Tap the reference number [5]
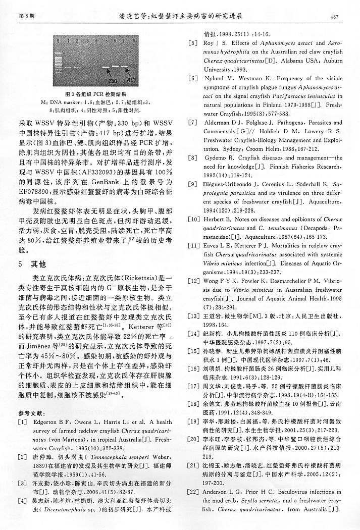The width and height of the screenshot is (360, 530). coord(192,43)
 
